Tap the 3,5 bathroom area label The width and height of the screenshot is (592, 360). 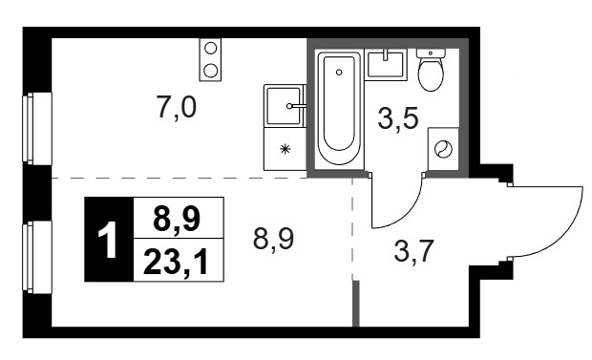pyautogui.click(x=398, y=117)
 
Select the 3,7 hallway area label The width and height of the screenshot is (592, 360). pyautogui.click(x=413, y=251)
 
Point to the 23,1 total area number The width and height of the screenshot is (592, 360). pyautogui.click(x=176, y=263)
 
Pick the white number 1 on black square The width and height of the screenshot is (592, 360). pyautogui.click(x=108, y=240)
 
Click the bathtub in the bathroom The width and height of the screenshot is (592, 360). pyautogui.click(x=339, y=109)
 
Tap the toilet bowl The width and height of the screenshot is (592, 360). pyautogui.click(x=431, y=71)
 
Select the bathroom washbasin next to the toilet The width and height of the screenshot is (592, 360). pyautogui.click(x=387, y=66)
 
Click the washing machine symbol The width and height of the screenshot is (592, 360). pyautogui.click(x=443, y=149)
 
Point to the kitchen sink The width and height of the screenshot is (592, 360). pyautogui.click(x=284, y=106)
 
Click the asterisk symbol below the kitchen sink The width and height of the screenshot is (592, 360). pyautogui.click(x=285, y=149)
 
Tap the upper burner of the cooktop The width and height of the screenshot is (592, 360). pyautogui.click(x=210, y=48)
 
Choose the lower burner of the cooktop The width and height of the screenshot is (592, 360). pyautogui.click(x=210, y=71)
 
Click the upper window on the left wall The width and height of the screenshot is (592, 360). pyautogui.click(x=37, y=129)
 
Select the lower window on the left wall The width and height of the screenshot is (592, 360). pyautogui.click(x=37, y=257)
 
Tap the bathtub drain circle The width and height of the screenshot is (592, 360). pyautogui.click(x=339, y=73)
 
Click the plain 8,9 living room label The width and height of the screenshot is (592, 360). pyautogui.click(x=273, y=239)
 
